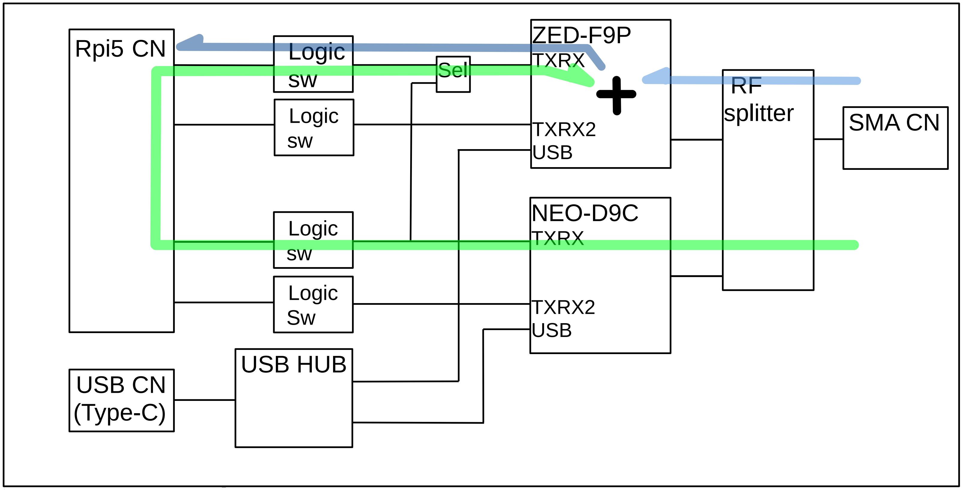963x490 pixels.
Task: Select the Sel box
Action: [453, 74]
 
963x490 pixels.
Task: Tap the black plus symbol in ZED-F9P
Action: [616, 95]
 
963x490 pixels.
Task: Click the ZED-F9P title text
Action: [581, 35]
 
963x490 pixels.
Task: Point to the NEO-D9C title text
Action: [585, 213]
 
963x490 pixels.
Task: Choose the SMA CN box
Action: [895, 138]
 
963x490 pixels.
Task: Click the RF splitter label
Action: [759, 100]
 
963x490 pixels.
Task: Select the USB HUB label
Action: [294, 364]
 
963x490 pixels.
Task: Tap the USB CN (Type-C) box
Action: [121, 400]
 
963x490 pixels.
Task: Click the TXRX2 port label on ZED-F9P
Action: [564, 130]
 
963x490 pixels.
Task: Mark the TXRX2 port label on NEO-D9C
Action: [563, 308]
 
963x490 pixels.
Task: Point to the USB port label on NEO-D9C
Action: [551, 330]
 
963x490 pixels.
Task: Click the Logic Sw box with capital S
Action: [313, 305]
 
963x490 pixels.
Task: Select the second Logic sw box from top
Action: [314, 128]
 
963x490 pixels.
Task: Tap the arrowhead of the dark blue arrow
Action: [191, 42]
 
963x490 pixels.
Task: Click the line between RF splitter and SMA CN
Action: [828, 139]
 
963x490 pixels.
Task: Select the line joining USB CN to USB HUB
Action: [204, 400]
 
